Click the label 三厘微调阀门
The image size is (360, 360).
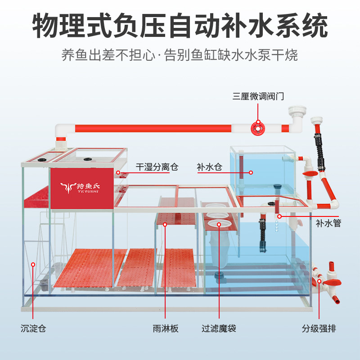coord(258,96)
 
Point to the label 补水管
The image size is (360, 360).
coord(328,222)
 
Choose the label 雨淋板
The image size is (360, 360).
coord(166,328)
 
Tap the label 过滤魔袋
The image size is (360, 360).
coord(219,328)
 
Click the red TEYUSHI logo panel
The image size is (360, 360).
coord(81,189)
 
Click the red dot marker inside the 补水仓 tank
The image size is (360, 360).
coord(251,172)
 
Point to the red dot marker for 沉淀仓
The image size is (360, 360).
coord(33,265)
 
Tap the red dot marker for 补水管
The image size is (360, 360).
coord(279,217)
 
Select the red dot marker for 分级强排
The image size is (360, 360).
coord(319,282)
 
